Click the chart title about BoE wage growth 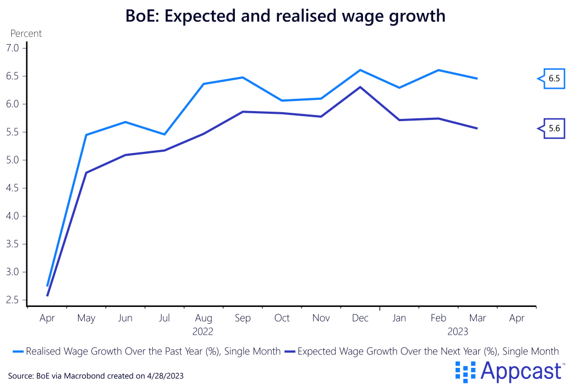point(285,16)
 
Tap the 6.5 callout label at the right point(553,79)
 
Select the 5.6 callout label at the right point(553,129)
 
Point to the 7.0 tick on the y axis point(13,49)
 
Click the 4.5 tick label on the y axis point(13,188)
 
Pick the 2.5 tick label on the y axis point(13,300)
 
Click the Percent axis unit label point(26,33)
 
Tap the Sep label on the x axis point(243,318)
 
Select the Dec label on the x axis point(360,318)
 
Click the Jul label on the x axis point(164,318)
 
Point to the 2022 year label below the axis point(203,332)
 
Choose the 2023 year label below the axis point(458,332)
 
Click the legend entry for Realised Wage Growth point(146,352)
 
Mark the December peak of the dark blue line point(360,87)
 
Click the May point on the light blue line point(86,135)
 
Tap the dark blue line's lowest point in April point(47,295)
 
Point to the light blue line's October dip point(282,100)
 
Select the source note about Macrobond point(95,376)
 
